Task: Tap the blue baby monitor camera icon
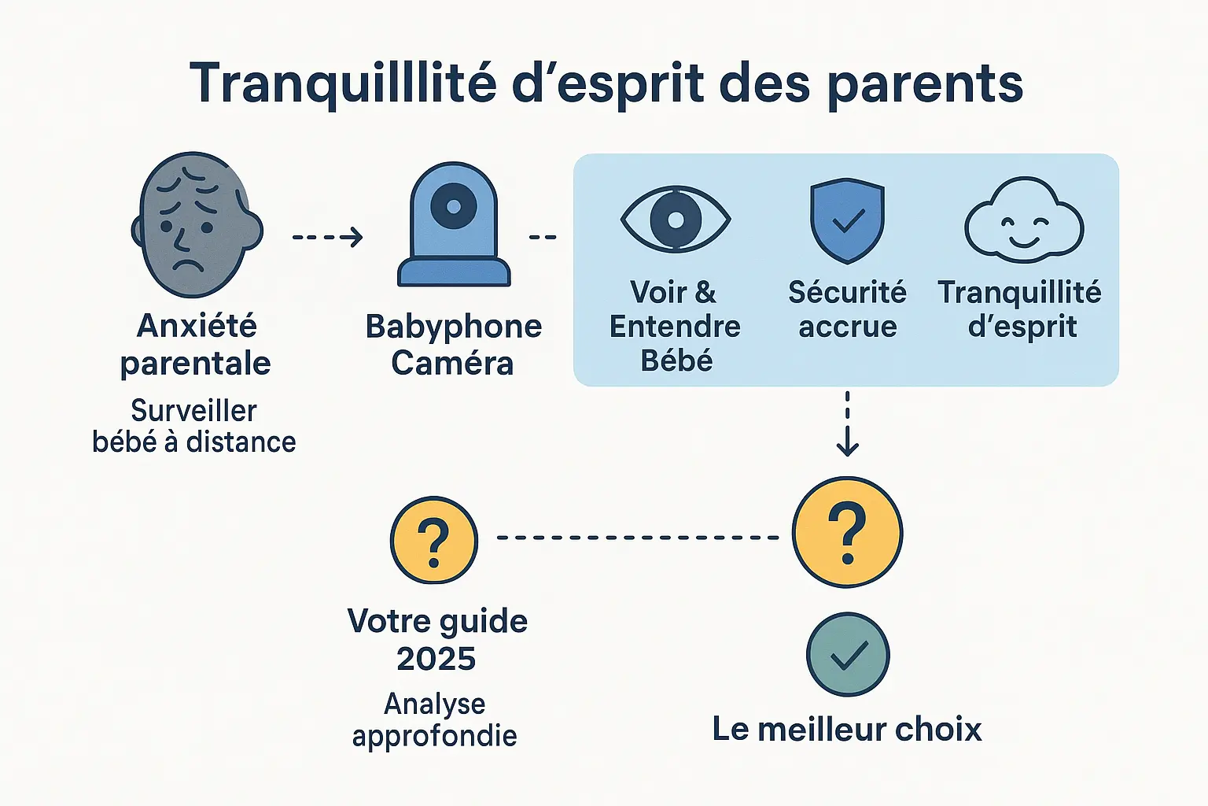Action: pos(454,227)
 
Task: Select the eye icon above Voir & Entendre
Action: pos(676,220)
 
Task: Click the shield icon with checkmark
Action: pos(847,220)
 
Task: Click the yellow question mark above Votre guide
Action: pos(434,540)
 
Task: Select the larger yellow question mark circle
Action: pos(847,532)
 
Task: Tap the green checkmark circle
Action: pos(847,655)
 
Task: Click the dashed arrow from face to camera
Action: pos(327,237)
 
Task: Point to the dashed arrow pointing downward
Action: pos(847,425)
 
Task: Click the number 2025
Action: pos(436,659)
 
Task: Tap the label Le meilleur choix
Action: pos(847,730)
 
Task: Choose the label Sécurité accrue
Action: pos(847,309)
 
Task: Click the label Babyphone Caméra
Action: pos(453,345)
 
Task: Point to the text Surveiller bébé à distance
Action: pos(194,427)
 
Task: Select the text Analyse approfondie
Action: pos(434,719)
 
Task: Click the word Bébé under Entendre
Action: pos(676,360)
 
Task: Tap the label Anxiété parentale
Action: pos(196,345)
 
